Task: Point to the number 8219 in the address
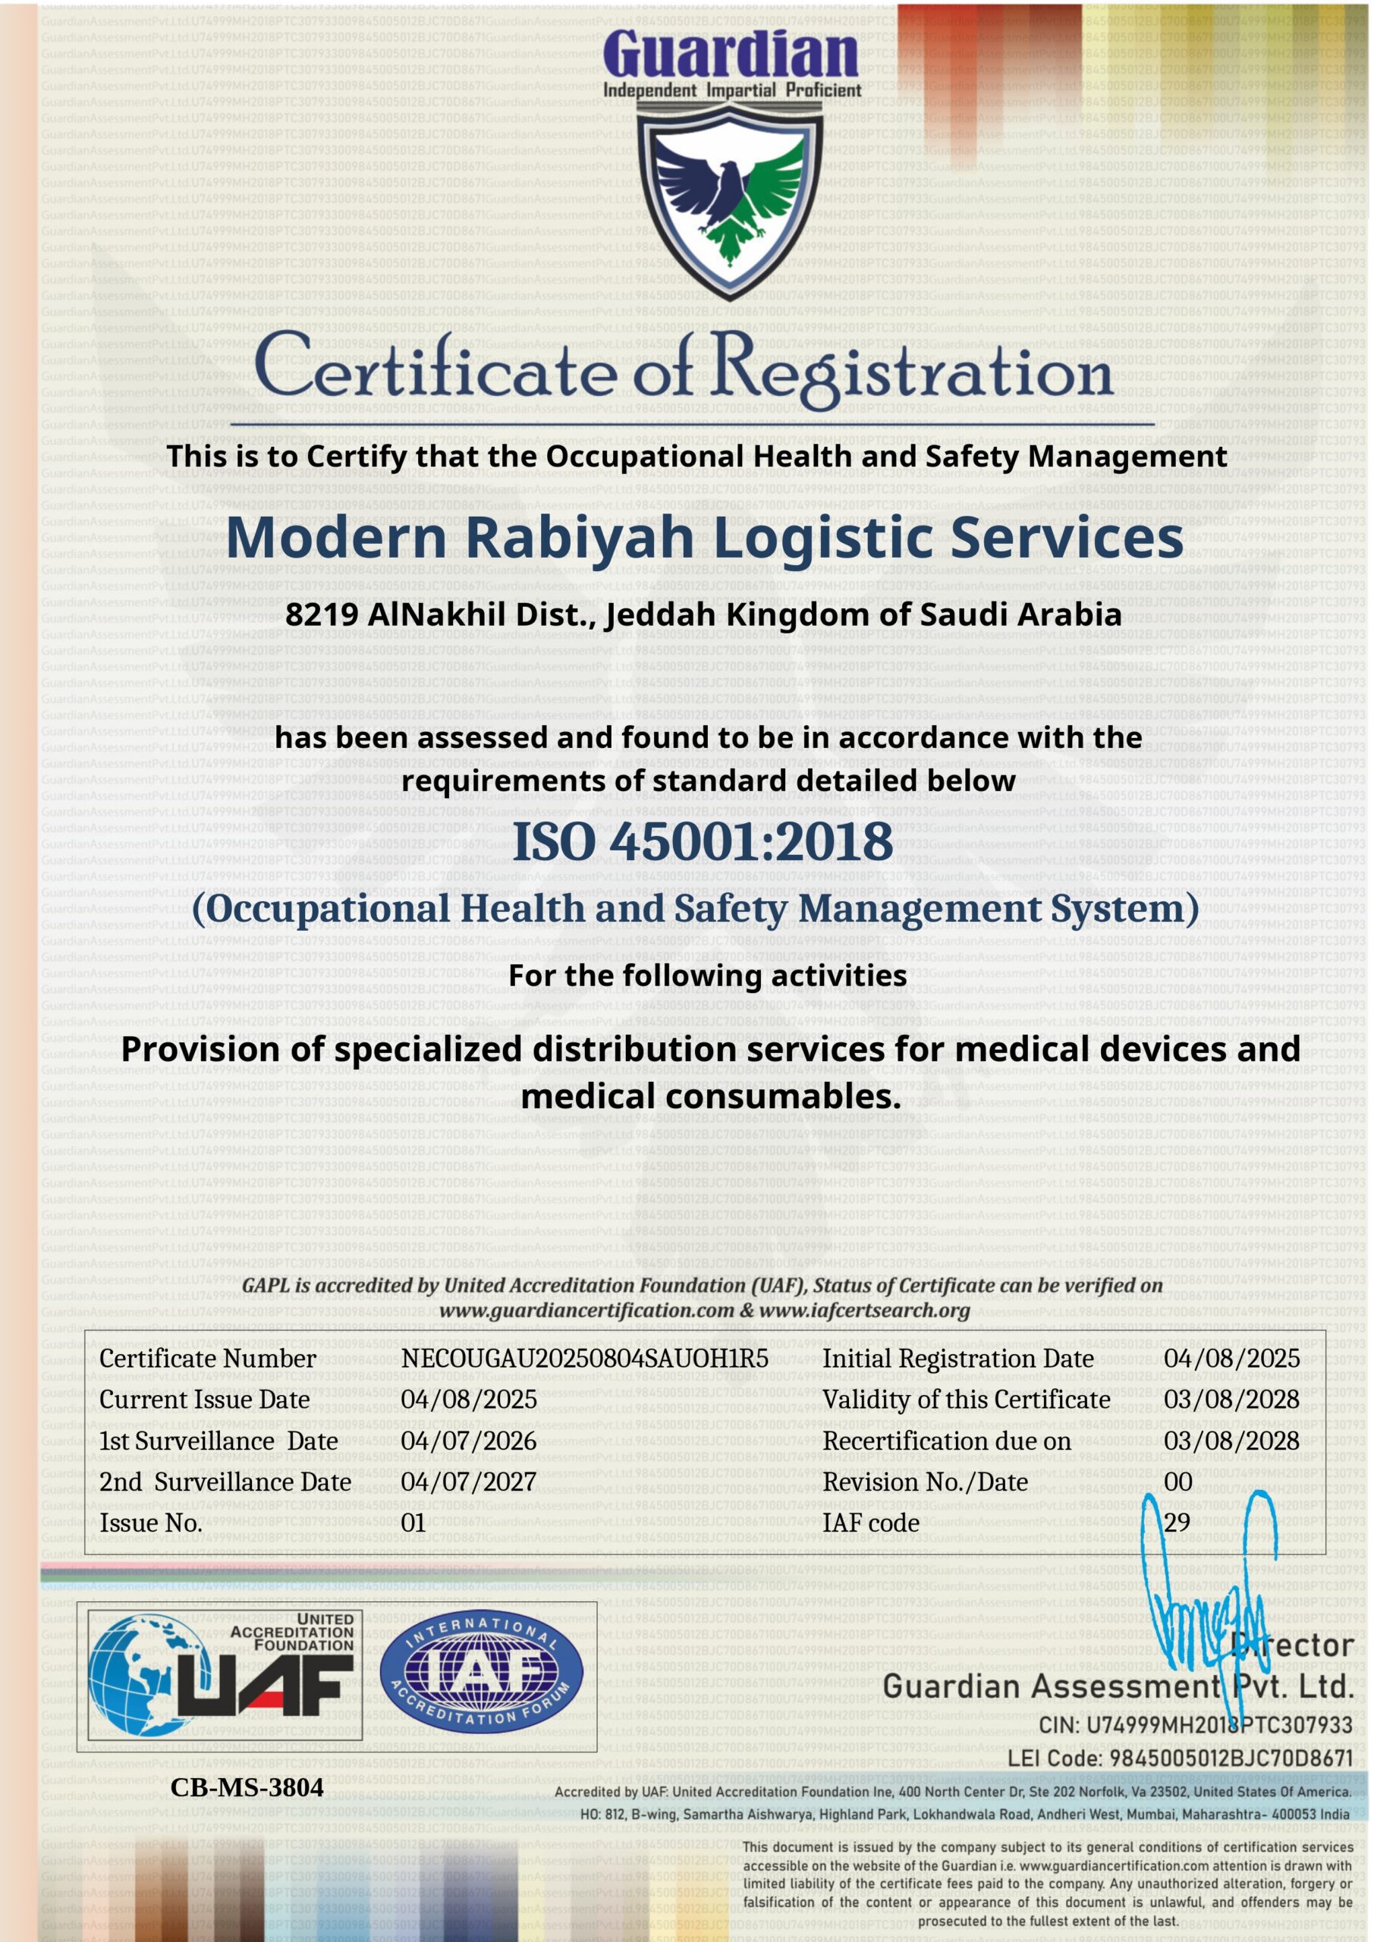[x=322, y=615]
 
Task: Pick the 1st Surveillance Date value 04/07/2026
[x=469, y=1441]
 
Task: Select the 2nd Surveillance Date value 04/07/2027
[x=469, y=1482]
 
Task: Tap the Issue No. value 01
[x=413, y=1523]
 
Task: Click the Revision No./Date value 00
[x=1177, y=1482]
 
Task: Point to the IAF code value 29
[x=1177, y=1522]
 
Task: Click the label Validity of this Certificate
[x=966, y=1400]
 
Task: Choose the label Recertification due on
[x=947, y=1441]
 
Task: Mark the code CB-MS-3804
[x=247, y=1787]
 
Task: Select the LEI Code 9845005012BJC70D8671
[x=1231, y=1758]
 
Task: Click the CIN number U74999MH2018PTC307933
[x=1219, y=1724]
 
